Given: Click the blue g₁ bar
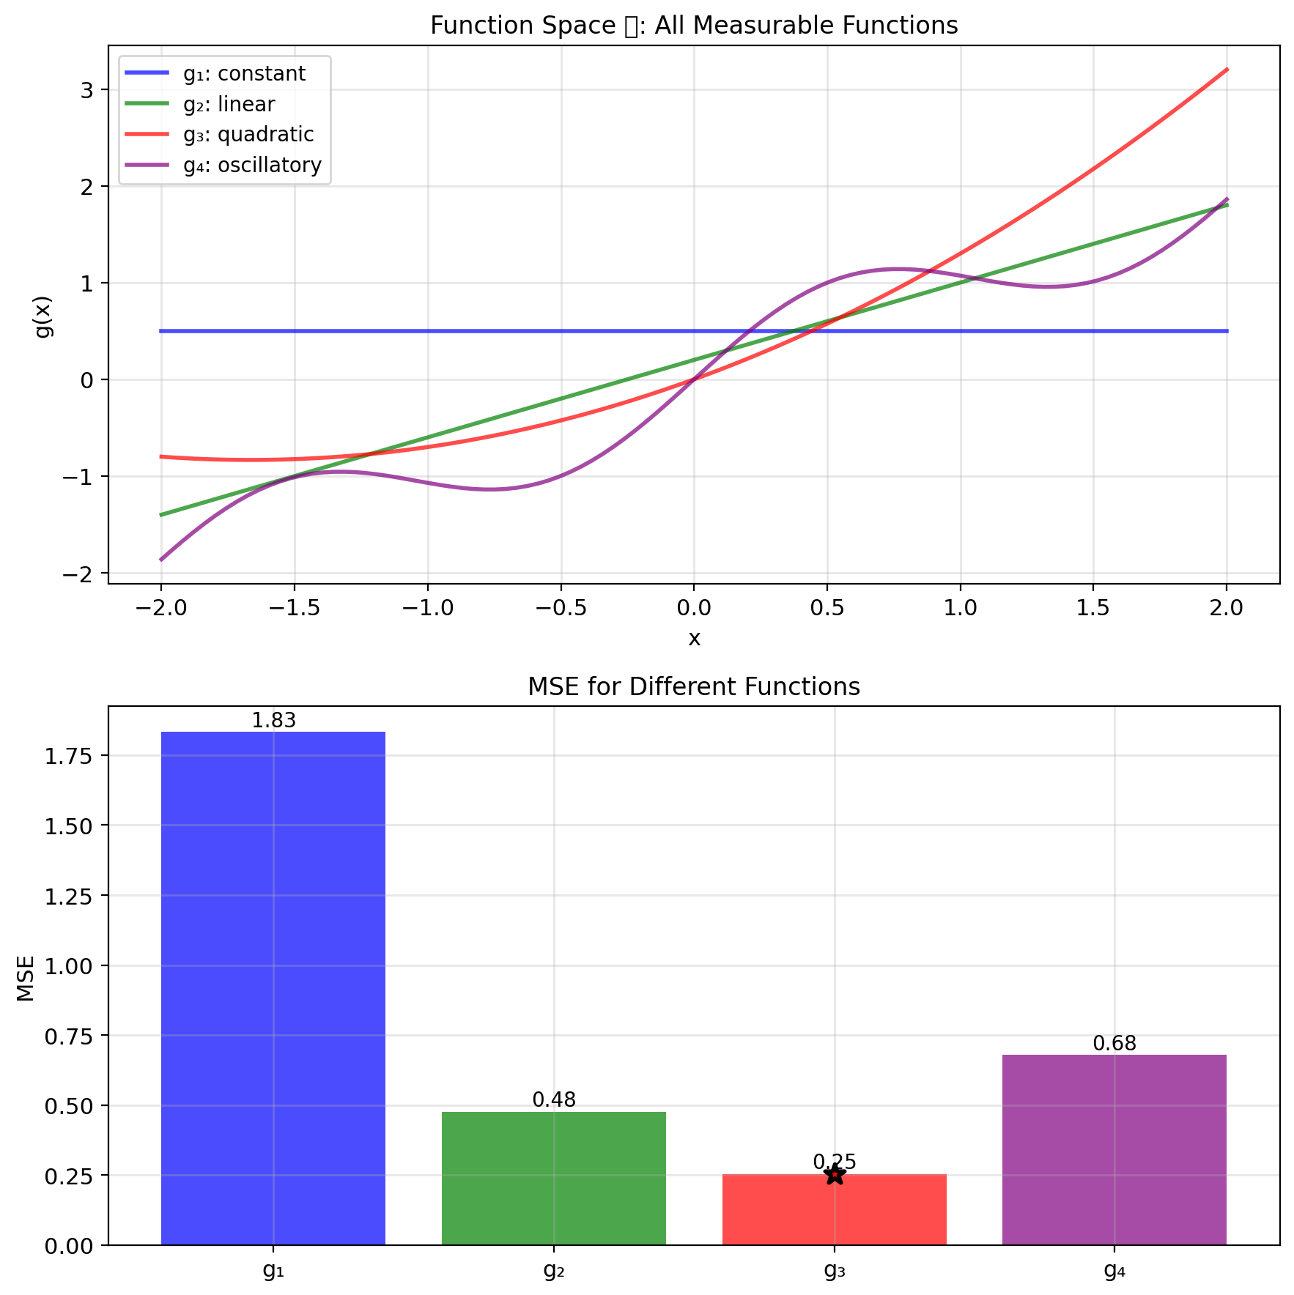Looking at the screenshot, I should click(273, 988).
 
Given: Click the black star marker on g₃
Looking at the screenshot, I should click(835, 1175).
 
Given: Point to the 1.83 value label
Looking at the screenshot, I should click(273, 721).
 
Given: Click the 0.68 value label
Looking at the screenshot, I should click(1114, 1043).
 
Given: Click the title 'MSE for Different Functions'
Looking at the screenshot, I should click(694, 687).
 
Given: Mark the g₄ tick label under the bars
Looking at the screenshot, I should click(1114, 1270).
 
